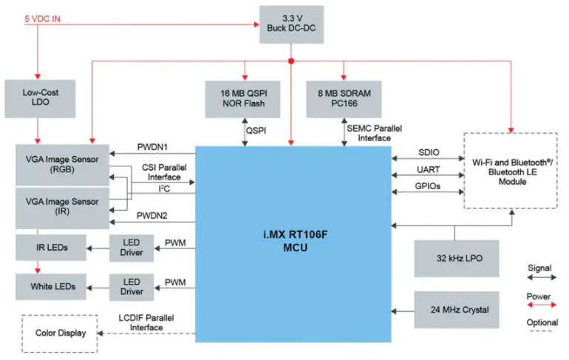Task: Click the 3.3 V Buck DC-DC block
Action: click(291, 24)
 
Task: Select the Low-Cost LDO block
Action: click(40, 99)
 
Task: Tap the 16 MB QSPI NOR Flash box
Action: click(242, 99)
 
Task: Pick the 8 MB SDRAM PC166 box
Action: click(344, 99)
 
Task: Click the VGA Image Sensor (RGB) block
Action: click(62, 165)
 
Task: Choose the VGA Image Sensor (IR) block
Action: click(62, 208)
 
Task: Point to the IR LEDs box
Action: click(51, 248)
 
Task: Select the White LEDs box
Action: click(51, 287)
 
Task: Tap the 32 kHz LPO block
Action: click(457, 259)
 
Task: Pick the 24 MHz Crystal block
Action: click(457, 310)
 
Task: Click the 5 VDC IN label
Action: click(42, 19)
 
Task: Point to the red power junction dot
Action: click(291, 61)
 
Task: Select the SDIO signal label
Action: click(429, 152)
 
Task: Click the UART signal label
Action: click(428, 169)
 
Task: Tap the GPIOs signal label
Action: click(427, 186)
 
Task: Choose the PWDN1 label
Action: click(152, 147)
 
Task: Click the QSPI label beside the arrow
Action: click(256, 131)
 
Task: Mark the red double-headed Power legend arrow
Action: click(542, 305)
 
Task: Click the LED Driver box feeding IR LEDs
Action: click(132, 248)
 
